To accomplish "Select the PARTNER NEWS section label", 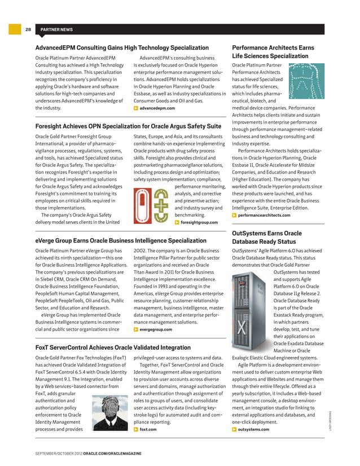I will point(55,29).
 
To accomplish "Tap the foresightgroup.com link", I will point(199,222).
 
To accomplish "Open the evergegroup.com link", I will point(156,329).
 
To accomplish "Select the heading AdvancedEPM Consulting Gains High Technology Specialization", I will point(122,48).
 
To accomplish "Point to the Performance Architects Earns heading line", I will point(273,48).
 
